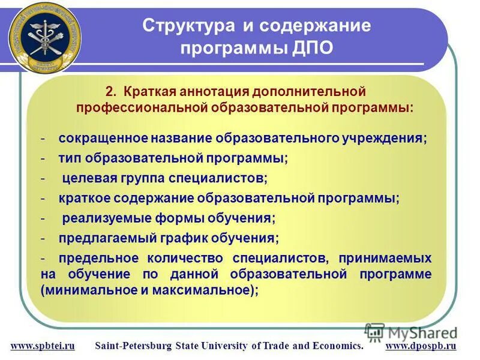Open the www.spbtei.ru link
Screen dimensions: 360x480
pos(43,346)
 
